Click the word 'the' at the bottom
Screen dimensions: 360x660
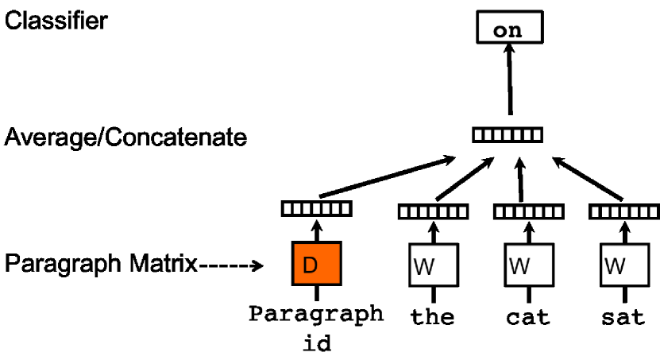[432, 318]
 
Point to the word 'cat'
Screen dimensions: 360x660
[527, 318]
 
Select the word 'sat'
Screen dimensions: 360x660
[622, 318]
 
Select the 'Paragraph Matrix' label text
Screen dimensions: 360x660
[101, 264]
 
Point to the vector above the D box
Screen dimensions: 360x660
[317, 209]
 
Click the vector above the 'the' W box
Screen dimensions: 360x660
[431, 211]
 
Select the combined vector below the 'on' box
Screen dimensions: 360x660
[508, 135]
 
